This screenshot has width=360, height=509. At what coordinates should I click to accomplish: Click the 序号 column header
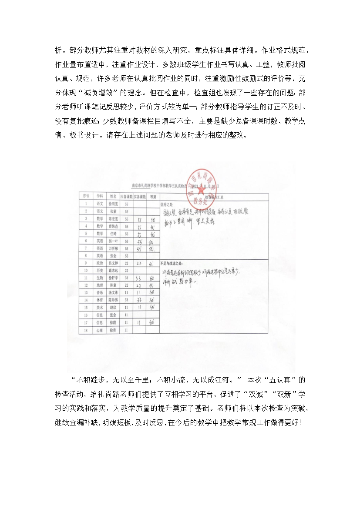click(86, 196)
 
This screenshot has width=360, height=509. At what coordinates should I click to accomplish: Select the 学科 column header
click(100, 196)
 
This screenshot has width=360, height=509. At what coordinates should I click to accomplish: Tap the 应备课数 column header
click(126, 197)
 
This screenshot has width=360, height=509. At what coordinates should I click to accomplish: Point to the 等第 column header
click(152, 197)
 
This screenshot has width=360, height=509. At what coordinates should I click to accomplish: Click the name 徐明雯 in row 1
click(113, 204)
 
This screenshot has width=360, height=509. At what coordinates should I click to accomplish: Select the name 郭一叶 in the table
click(113, 241)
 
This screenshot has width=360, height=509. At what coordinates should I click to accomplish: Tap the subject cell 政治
click(100, 263)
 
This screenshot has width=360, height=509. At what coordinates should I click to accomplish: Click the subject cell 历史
click(100, 270)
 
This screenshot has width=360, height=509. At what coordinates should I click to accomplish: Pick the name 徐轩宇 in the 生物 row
click(113, 278)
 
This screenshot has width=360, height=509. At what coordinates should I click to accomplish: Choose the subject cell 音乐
click(100, 293)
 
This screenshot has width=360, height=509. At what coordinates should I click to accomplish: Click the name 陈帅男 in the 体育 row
click(113, 300)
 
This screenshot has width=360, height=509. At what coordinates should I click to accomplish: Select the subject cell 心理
click(100, 330)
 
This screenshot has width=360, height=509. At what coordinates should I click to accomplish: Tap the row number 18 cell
click(86, 330)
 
